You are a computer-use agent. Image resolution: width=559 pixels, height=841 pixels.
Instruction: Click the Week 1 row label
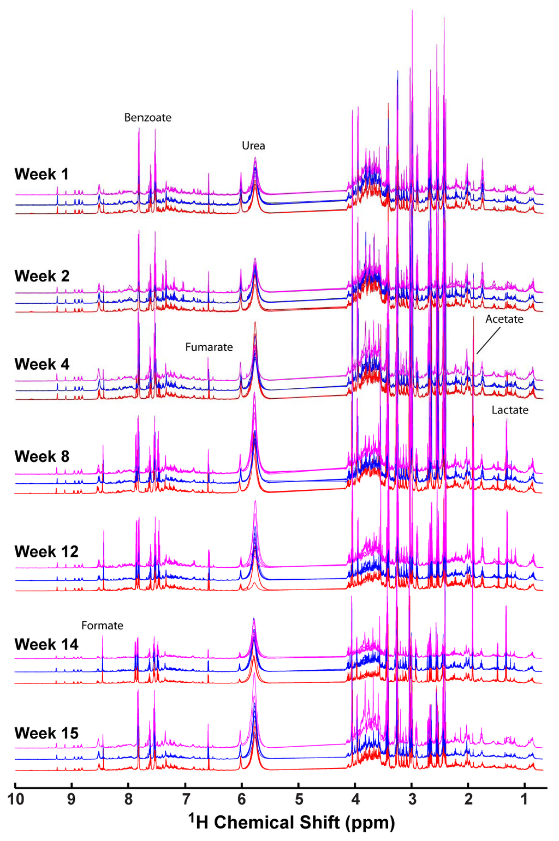click(41, 175)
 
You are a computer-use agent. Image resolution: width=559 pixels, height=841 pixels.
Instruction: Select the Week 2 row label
click(42, 277)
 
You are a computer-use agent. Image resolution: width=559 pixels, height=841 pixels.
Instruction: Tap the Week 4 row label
click(42, 364)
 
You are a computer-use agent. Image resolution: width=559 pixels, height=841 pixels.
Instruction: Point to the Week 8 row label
click(42, 456)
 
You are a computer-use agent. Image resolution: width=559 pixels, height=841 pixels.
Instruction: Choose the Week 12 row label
click(46, 552)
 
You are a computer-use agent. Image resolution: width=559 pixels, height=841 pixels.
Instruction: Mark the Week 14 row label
click(46, 645)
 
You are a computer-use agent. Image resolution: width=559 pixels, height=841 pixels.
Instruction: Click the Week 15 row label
click(46, 734)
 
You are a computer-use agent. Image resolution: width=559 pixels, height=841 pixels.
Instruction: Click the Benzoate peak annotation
click(147, 118)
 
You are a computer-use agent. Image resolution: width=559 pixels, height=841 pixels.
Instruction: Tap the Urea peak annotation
click(253, 146)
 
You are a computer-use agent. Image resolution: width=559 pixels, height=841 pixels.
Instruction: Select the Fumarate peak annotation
click(209, 347)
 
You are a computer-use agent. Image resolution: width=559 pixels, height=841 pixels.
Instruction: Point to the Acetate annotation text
click(504, 319)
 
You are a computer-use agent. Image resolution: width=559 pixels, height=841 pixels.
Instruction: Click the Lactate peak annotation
click(509, 410)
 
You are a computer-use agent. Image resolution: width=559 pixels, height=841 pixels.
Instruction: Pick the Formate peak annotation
click(102, 626)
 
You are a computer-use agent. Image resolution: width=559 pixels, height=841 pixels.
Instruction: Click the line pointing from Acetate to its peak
click(488, 340)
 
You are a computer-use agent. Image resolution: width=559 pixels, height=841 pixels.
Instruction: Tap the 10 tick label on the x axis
click(16, 800)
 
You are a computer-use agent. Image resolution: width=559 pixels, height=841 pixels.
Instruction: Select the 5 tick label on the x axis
click(299, 800)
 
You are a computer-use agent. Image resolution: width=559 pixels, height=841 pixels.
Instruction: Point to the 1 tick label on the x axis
click(525, 800)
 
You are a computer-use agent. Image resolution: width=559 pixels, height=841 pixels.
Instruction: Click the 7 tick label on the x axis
click(186, 800)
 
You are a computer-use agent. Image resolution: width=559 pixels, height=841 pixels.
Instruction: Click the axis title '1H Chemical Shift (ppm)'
click(292, 822)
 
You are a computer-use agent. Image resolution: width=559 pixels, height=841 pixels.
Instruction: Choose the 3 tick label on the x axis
click(412, 800)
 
